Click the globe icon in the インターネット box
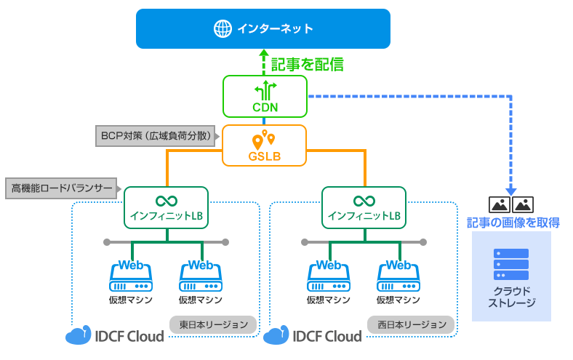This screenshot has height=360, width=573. coord(222,28)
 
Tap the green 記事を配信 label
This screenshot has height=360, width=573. coord(306,65)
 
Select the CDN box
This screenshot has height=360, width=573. coord(265,97)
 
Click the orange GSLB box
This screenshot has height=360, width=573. coord(265,145)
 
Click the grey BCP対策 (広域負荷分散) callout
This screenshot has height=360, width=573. coord(156,135)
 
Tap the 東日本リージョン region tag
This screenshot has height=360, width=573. coord(214,324)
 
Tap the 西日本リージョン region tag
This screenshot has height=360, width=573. coord(412,324)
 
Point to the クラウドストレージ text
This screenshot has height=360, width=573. coord(511,297)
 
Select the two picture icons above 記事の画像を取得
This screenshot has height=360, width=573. coord(512,204)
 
